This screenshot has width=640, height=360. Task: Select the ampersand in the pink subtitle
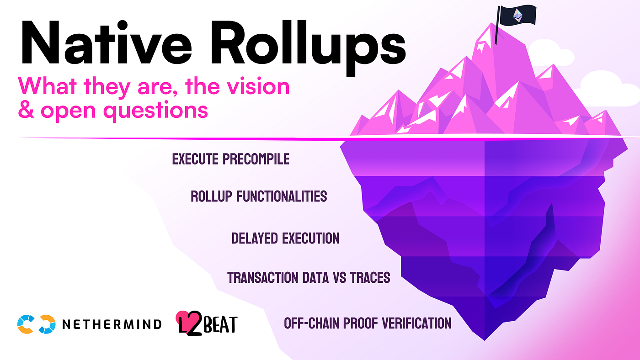click(27, 111)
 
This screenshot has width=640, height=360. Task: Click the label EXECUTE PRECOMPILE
click(230, 159)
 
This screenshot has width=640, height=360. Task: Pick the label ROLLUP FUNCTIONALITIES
click(258, 196)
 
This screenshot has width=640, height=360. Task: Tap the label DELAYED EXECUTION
click(285, 238)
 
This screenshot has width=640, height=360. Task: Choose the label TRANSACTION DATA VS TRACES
click(309, 277)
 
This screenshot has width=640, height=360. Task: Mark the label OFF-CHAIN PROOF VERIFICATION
click(368, 323)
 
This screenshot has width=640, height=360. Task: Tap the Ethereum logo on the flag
click(518, 16)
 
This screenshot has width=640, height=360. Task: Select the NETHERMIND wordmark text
click(112, 324)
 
